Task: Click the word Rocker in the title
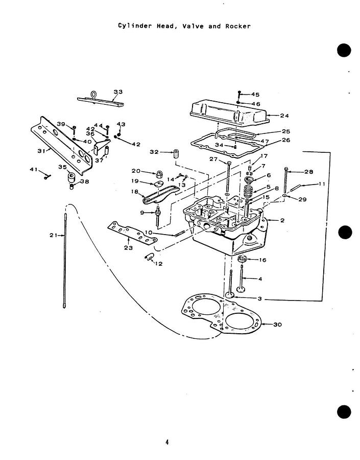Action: pos(238,26)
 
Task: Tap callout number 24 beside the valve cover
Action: pos(284,116)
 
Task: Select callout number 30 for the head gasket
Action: pos(277,325)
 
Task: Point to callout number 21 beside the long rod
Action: pos(53,235)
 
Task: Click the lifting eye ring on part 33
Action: pos(93,95)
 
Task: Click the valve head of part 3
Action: pos(229,295)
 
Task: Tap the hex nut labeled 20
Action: pos(159,175)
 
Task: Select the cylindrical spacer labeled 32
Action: pos(176,154)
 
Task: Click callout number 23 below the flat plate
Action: pos(128,248)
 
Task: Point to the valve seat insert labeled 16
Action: pos(242,259)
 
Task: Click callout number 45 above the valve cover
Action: pos(255,95)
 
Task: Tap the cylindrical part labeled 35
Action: pos(71,177)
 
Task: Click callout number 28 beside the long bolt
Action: pos(309,172)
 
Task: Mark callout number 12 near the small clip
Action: pos(159,264)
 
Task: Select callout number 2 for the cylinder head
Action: pos(282,220)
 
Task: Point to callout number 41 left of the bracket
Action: pos(34,169)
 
